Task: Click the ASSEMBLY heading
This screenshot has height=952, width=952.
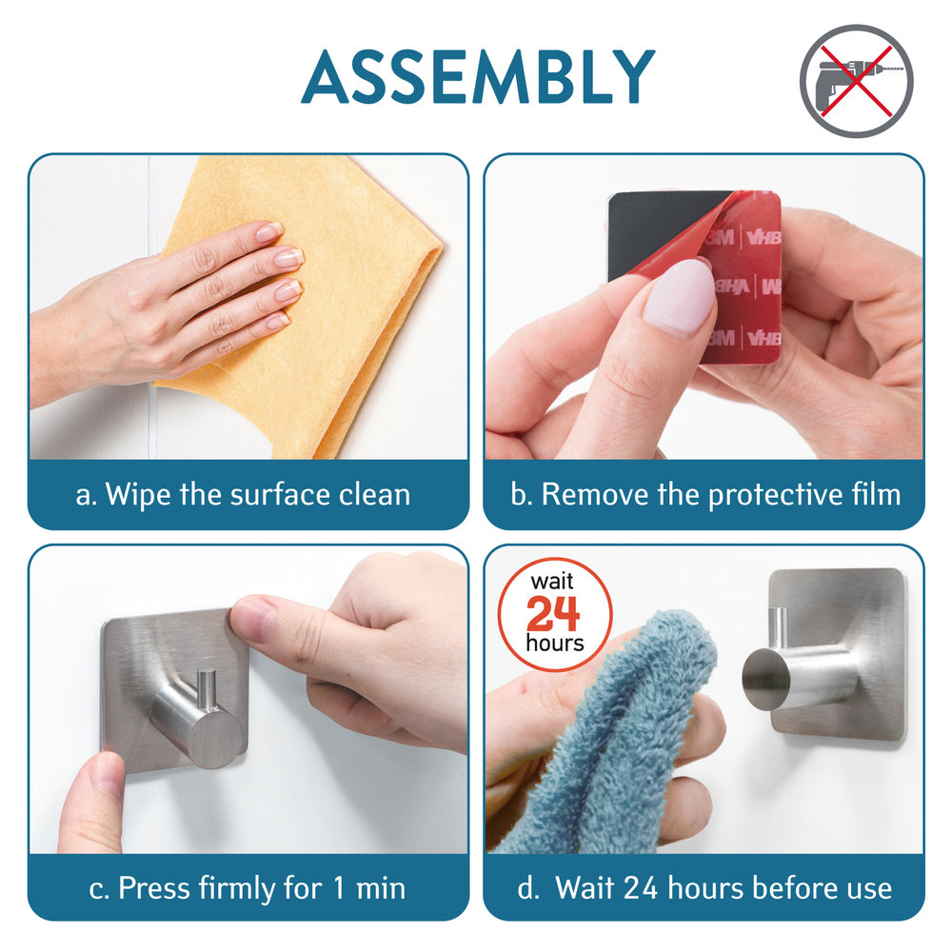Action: coord(478,77)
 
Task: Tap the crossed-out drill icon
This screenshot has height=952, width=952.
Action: coord(856,81)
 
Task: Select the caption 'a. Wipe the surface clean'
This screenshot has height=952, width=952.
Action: coord(243,494)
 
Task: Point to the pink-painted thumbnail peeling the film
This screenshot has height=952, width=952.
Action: coord(680,297)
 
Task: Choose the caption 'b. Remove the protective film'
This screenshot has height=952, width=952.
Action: coord(705,494)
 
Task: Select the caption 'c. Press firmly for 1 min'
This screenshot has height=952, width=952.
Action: coord(248,888)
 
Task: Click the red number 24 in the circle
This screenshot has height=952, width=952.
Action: coord(553,613)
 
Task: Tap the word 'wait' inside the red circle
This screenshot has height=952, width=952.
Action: coord(552,582)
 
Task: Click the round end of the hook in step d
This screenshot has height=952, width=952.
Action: coord(766,679)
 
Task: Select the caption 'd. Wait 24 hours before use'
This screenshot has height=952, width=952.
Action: coord(704,888)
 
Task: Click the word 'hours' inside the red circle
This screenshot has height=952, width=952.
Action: coord(555,643)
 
